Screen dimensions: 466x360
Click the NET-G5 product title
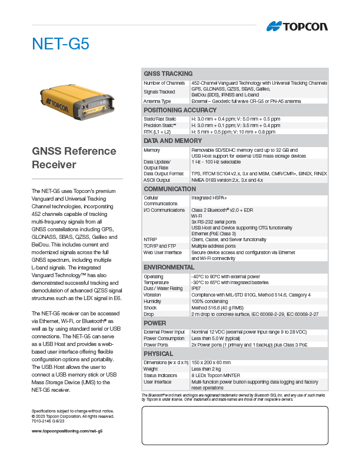tap(60, 44)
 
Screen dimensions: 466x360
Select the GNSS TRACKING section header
tap(168, 74)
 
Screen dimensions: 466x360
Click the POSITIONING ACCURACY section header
tap(180, 110)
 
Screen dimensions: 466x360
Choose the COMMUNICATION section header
tap(170, 189)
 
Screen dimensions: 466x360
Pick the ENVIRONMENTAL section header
tap(169, 267)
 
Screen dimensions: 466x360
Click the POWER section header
tap(155, 323)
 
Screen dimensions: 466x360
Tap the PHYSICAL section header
tap(158, 354)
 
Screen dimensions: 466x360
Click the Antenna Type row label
tap(157, 101)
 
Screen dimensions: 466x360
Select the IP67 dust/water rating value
tap(196, 288)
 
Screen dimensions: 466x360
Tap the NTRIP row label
tap(151, 239)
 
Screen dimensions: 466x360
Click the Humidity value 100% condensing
tap(214, 301)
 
